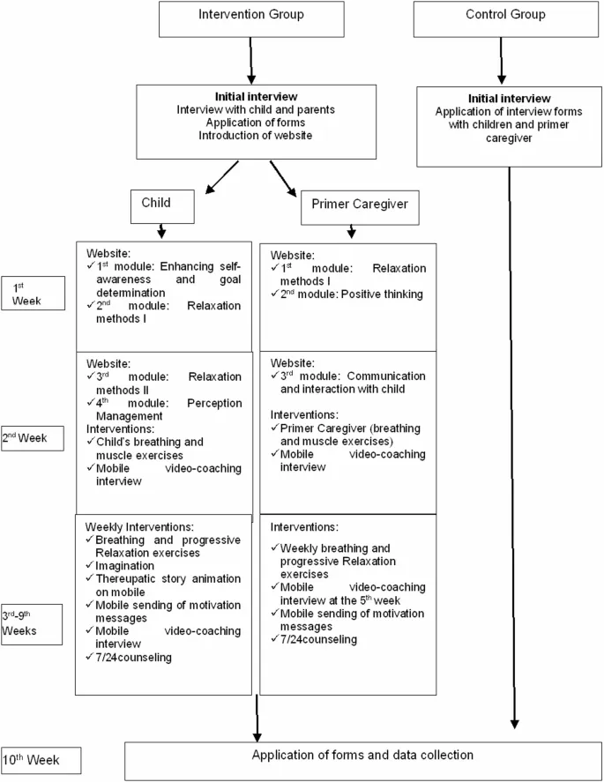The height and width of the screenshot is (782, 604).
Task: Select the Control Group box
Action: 504,15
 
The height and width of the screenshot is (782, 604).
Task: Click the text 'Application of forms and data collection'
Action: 362,756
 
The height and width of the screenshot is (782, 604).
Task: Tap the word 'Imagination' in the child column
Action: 129,564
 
